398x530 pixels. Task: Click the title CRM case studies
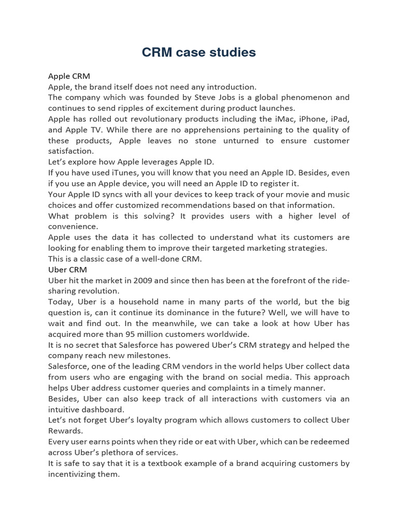(x=199, y=52)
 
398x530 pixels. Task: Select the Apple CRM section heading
(x=69, y=76)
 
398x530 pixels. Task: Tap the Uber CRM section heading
(x=67, y=270)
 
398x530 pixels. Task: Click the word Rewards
(x=65, y=431)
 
